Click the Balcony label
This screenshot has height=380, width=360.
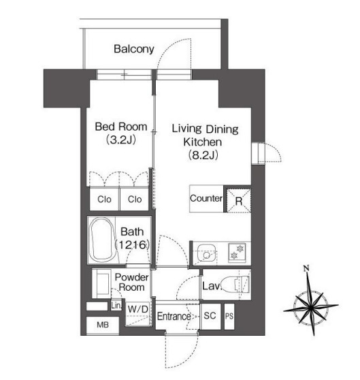tap(134, 49)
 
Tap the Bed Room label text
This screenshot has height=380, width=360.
tap(121, 127)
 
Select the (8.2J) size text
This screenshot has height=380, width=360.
tap(203, 155)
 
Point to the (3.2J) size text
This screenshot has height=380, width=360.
tap(121, 140)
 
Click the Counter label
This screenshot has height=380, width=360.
tap(206, 198)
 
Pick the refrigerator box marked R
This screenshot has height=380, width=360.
tap(238, 200)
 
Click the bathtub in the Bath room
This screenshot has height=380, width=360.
tap(101, 240)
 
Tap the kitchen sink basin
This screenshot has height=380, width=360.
tap(206, 253)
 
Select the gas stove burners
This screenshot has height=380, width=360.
tap(237, 252)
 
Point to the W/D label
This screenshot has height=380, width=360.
tap(137, 309)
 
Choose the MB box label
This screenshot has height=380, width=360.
tap(103, 325)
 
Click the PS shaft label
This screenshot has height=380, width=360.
tap(229, 316)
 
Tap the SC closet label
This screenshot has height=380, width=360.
tap(210, 315)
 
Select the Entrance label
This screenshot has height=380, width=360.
tap(174, 316)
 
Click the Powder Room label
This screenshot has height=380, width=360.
tap(132, 282)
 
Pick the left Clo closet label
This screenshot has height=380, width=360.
tap(104, 200)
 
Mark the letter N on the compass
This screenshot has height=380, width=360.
tap(306, 268)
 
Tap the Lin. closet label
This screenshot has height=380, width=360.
tap(116, 306)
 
